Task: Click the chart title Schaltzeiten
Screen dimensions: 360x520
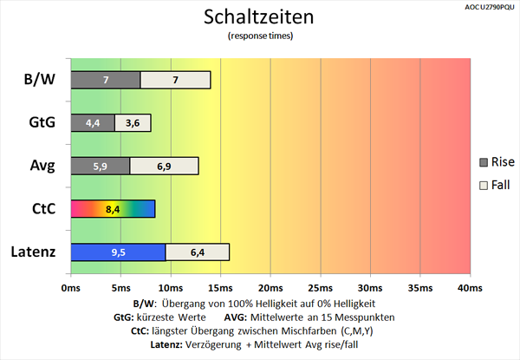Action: coord(260,17)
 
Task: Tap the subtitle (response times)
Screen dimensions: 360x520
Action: coord(260,36)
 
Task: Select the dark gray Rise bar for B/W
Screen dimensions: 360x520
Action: coord(105,80)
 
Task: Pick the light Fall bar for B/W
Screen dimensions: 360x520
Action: coord(175,80)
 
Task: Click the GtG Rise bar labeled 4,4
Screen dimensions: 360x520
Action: coord(92,123)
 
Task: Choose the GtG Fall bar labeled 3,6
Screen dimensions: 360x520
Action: coord(133,123)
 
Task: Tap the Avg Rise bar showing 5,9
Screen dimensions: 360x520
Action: coord(99,166)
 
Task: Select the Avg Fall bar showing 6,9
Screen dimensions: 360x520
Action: coord(164,166)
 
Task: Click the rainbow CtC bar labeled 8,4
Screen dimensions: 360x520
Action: coord(112,209)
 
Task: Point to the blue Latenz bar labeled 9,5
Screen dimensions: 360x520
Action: coord(117,252)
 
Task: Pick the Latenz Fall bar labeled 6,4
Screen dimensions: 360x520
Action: coord(198,252)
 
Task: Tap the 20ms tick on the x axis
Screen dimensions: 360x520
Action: coord(270,286)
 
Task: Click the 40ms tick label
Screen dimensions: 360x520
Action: coord(469,286)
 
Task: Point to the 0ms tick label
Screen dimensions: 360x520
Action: coord(71,286)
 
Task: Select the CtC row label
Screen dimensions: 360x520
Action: coord(42,209)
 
